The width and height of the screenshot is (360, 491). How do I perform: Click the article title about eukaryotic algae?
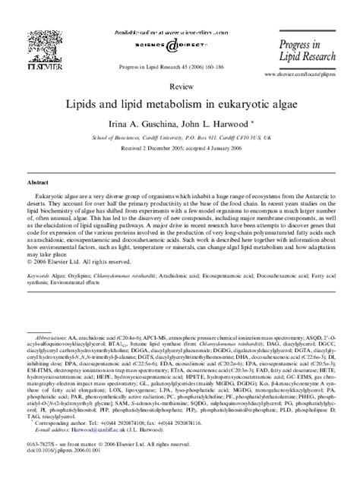[180, 102]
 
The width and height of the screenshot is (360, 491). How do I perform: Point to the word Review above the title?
[180, 87]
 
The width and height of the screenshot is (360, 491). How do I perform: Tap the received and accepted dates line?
[180, 150]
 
